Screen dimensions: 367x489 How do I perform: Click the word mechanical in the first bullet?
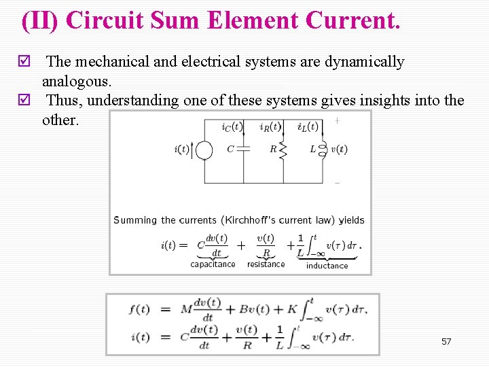point(111,62)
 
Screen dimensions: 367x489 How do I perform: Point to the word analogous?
point(77,81)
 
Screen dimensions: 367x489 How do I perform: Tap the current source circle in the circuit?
point(204,150)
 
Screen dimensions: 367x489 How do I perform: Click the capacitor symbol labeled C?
point(243,149)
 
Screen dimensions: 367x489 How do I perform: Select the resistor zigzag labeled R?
point(283,150)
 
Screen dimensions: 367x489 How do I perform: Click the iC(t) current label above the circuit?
point(232,127)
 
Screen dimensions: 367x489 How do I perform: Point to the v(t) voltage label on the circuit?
point(338,150)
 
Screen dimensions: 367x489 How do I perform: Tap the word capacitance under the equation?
point(213,264)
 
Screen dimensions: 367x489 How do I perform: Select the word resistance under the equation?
point(266,264)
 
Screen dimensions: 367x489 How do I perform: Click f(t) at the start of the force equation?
point(139,309)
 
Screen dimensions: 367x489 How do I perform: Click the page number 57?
point(446,341)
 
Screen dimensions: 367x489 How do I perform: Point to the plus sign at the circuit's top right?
point(338,121)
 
